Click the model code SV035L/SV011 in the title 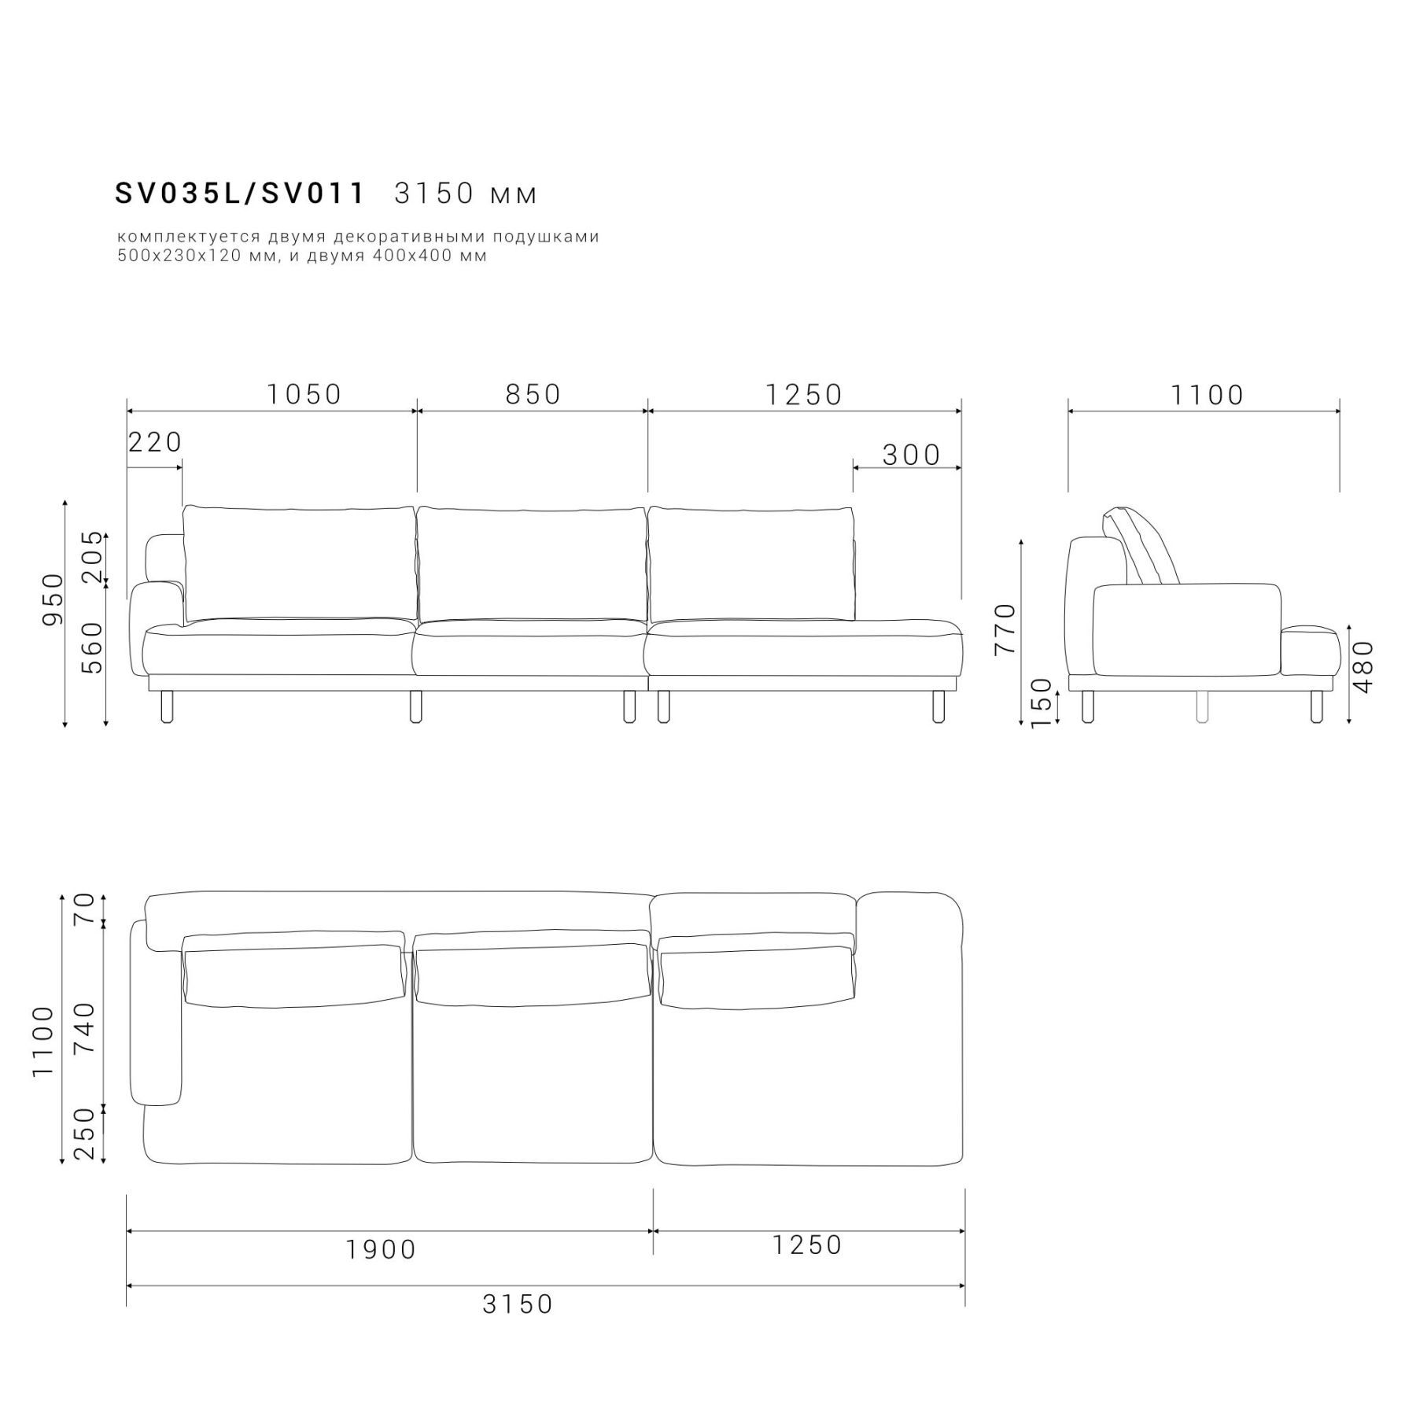240,194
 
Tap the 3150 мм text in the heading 466,194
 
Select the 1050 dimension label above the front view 304,394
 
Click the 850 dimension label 533,394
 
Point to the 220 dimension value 155,442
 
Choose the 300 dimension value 911,455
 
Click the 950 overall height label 52,600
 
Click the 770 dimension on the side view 1005,629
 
